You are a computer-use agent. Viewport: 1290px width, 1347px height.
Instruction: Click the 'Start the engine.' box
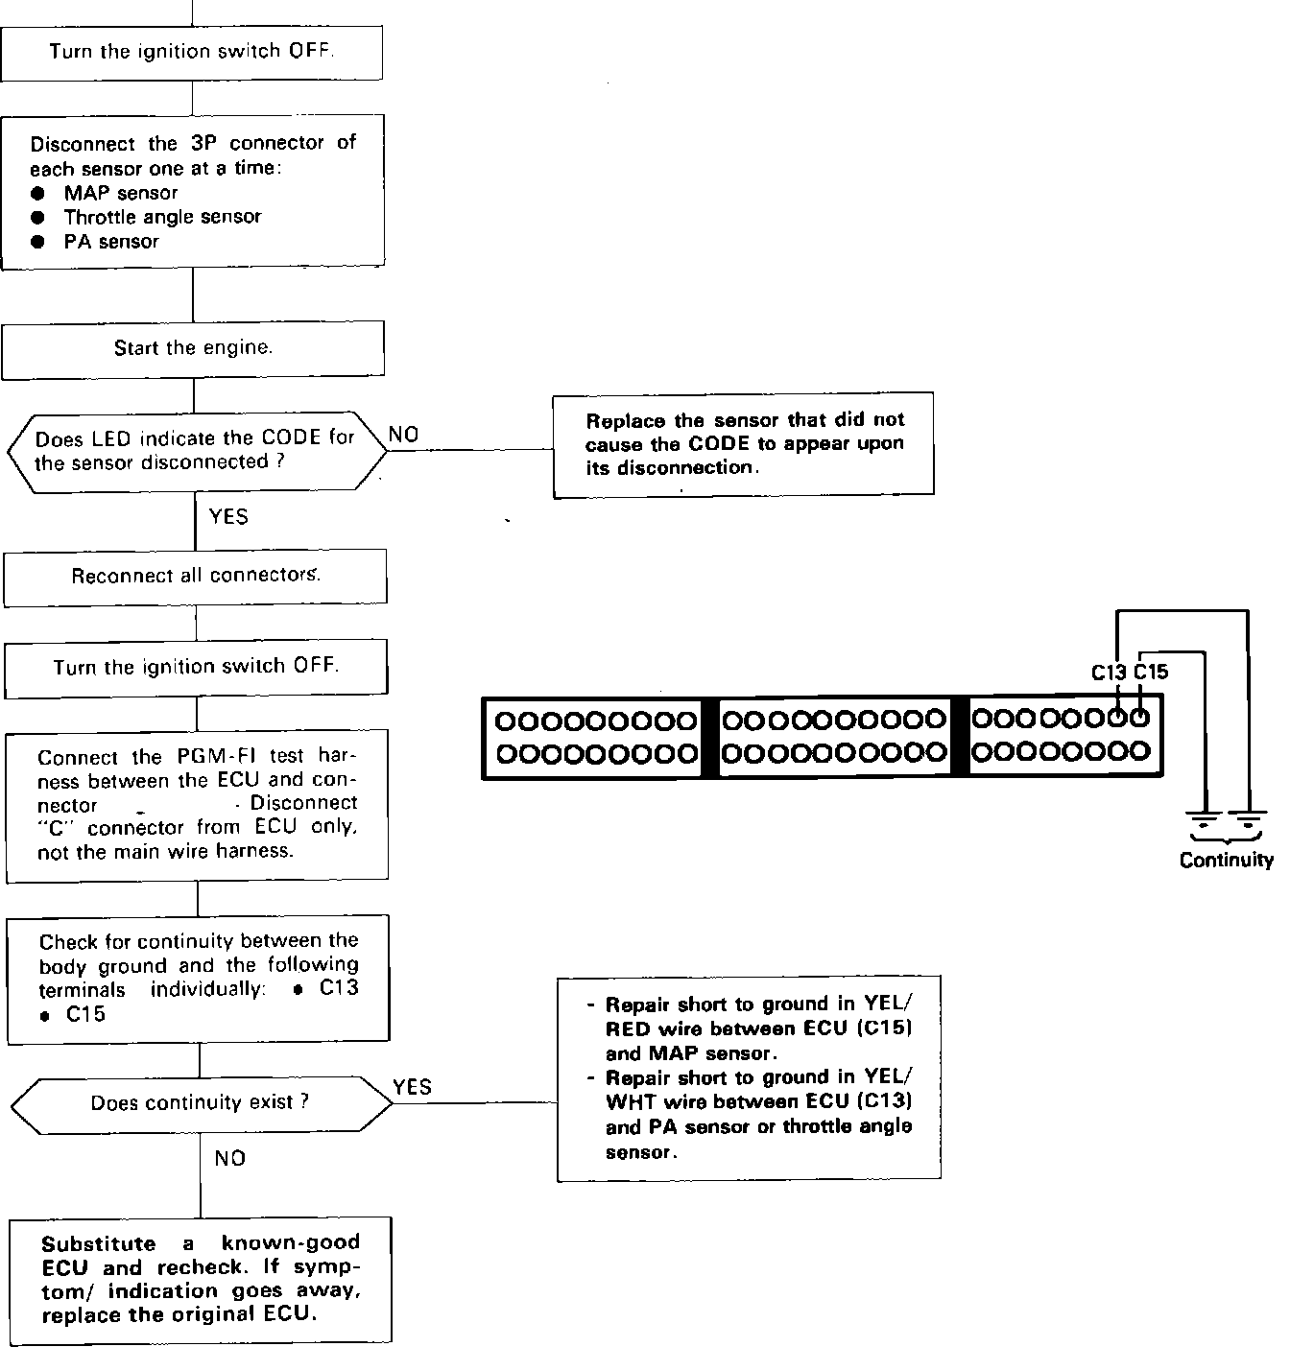[193, 348]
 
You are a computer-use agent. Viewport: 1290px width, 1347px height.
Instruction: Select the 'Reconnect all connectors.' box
[196, 577]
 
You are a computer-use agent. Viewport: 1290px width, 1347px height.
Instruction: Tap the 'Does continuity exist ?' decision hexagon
[201, 1102]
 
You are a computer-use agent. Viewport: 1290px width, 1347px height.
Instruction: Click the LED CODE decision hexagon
[195, 451]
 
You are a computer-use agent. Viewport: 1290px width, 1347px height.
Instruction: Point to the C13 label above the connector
[1109, 673]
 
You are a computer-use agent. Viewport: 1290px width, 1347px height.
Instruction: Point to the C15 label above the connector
[1151, 673]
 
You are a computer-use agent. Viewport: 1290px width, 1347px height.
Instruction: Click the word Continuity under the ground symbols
[1226, 861]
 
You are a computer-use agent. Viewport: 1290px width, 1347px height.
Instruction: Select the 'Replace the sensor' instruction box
[744, 444]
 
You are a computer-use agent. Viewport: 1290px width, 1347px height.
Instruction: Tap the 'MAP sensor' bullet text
[121, 193]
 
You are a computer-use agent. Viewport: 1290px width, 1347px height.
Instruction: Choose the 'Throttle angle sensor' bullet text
[162, 217]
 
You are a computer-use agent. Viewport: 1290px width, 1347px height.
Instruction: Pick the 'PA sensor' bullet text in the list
[111, 242]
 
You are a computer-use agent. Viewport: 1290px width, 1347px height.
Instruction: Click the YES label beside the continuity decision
[413, 1087]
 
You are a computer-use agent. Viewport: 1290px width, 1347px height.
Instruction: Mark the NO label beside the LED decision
[404, 435]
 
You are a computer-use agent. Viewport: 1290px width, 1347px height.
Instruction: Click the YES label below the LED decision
[228, 517]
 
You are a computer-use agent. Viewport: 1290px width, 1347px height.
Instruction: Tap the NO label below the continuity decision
[230, 1159]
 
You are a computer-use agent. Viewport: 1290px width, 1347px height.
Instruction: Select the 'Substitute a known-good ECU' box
[201, 1279]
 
